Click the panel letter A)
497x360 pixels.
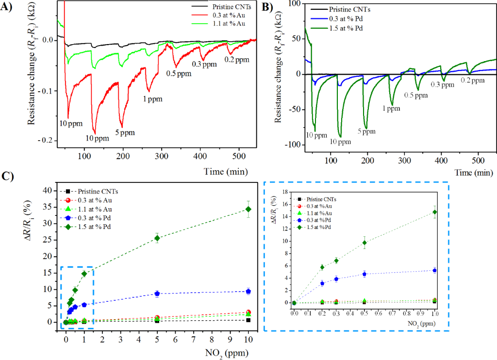pos(7,6)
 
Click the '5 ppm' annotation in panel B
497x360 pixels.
pos(366,131)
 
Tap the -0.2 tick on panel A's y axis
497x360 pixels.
pos(47,141)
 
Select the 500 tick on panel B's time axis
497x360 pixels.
pos(478,160)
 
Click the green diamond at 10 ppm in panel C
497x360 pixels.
pos(248,209)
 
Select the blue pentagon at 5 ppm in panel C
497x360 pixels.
pos(157,294)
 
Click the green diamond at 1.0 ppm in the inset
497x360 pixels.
pos(435,212)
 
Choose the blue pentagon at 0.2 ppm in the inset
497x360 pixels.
pos(322,283)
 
